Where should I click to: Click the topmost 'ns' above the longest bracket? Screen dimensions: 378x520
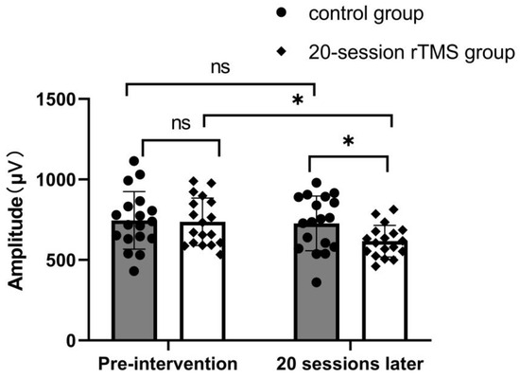[218, 68]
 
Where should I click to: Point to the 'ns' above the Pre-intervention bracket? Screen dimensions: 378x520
[180, 123]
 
